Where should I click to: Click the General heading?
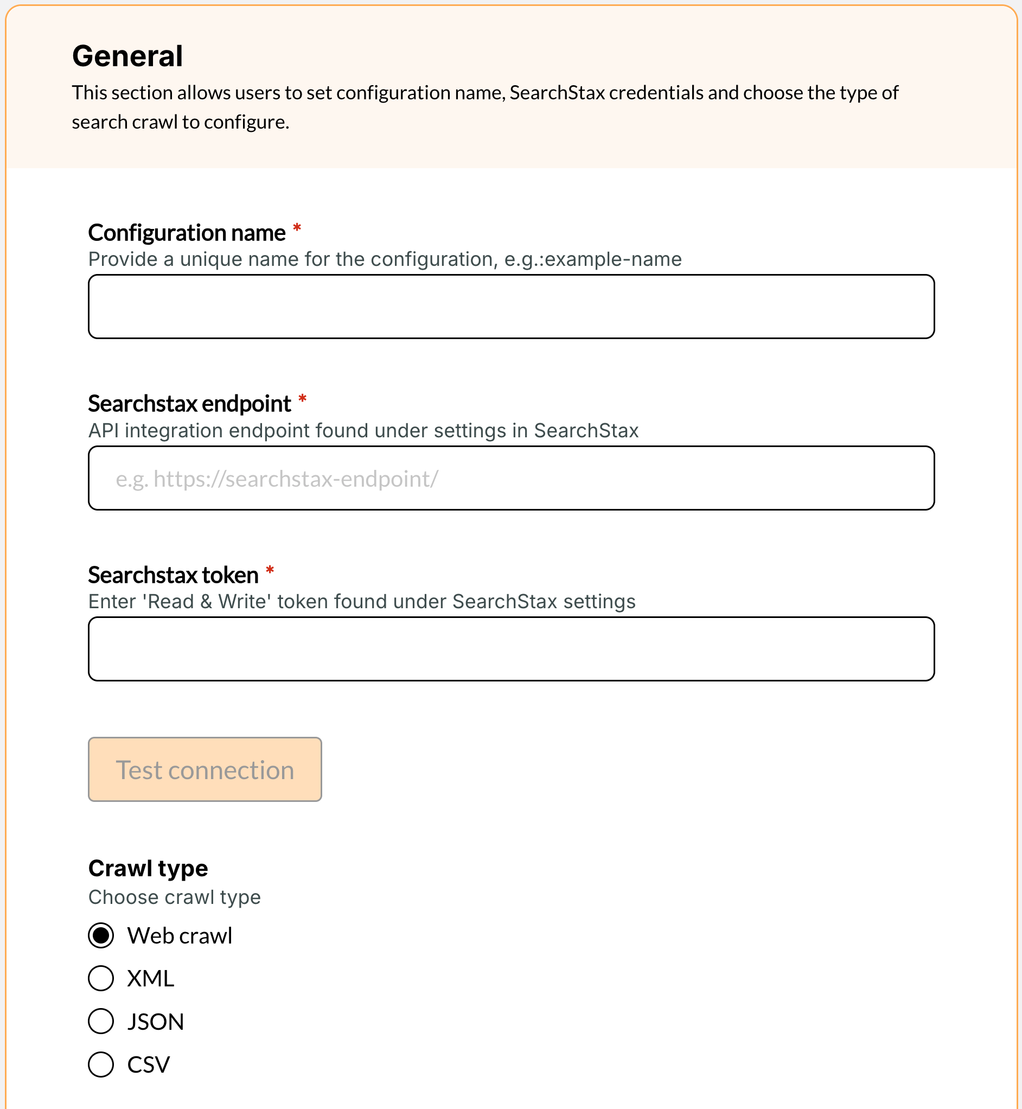[x=127, y=56]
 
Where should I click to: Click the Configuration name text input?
[x=511, y=307]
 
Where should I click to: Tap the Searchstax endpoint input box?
[x=511, y=478]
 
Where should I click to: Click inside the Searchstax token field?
[x=511, y=649]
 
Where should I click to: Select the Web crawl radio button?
[x=101, y=935]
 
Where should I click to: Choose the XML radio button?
[x=101, y=978]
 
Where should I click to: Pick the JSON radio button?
[x=101, y=1021]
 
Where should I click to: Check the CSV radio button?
[x=101, y=1064]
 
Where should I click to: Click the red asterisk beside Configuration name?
[x=297, y=228]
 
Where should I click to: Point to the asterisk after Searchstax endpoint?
[x=303, y=399]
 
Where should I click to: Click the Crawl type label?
[x=148, y=869]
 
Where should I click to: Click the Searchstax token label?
[x=173, y=575]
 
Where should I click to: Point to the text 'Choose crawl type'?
[x=174, y=897]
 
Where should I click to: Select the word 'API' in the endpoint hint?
[x=104, y=431]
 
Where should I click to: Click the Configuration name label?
[x=187, y=233]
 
